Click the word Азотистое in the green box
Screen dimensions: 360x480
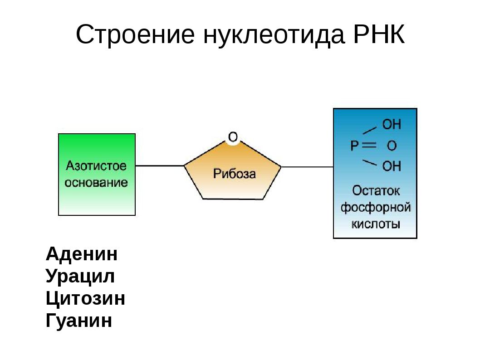coord(96,165)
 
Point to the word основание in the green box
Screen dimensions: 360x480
coord(96,183)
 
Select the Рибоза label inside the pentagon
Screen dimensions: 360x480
coord(234,173)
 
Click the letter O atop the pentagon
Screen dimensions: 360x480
coord(233,136)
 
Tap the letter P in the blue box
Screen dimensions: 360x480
coord(355,146)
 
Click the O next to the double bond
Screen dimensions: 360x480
coord(392,146)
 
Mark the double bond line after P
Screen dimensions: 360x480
coord(370,146)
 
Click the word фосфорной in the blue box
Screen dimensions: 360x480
coord(376,208)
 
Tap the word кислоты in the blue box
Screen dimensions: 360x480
coord(376,224)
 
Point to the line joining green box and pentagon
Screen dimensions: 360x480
coord(160,166)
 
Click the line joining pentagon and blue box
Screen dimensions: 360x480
coord(307,167)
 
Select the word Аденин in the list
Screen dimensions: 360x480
coord(82,254)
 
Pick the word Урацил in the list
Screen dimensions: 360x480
coord(80,277)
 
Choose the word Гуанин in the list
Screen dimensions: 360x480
coord(79,321)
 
